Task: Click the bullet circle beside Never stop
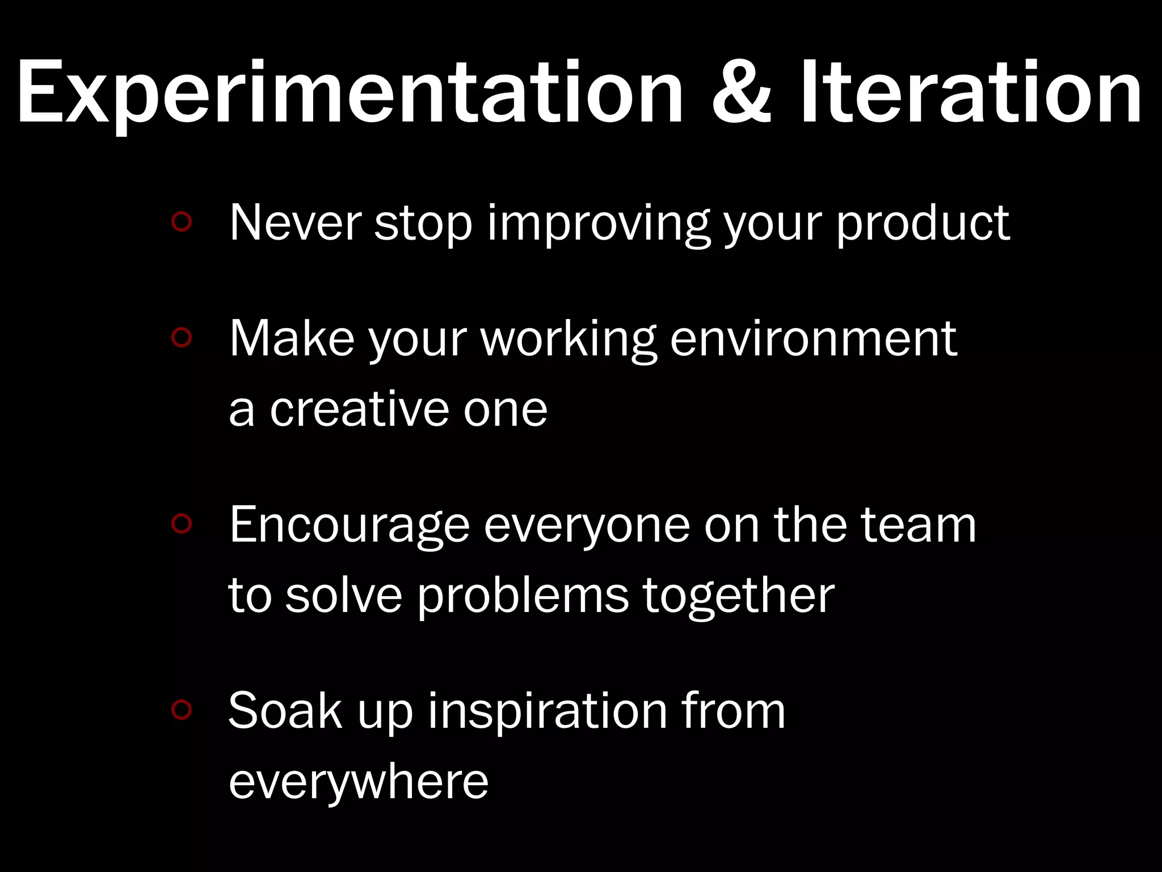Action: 182,222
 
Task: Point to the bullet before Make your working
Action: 182,338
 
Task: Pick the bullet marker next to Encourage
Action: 182,524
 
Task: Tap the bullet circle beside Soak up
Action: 182,709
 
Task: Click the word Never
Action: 295,223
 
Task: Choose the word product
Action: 923,223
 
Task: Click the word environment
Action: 814,339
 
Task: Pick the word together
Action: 738,597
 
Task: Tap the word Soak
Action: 285,711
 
